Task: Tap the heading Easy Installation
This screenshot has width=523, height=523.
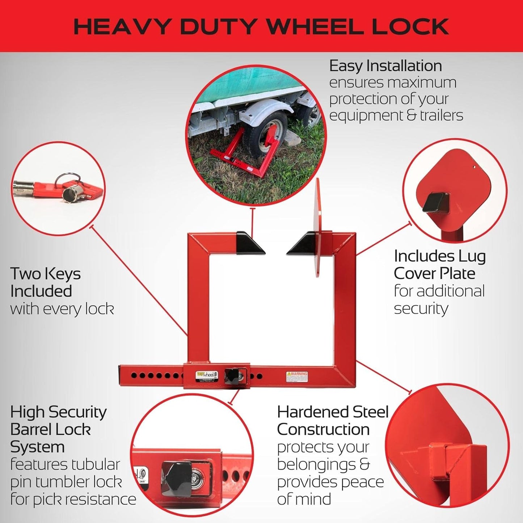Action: (x=385, y=66)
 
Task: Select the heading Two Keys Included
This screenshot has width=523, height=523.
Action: (x=45, y=282)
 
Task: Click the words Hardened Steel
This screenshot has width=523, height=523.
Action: (x=333, y=412)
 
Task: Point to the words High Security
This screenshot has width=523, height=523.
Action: (x=58, y=412)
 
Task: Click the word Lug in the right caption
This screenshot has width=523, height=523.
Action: (x=472, y=256)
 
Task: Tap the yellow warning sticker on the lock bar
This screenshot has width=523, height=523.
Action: (x=297, y=376)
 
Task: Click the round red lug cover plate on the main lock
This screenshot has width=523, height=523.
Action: (x=318, y=228)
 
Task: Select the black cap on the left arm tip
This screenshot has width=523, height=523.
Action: (x=249, y=242)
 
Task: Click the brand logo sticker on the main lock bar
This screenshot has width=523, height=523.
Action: (x=207, y=375)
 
